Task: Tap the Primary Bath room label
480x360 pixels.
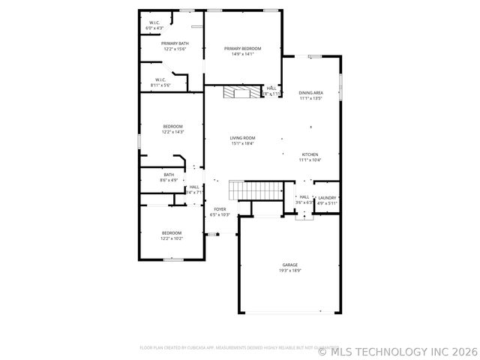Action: pos(175,43)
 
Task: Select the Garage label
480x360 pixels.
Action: pos(290,265)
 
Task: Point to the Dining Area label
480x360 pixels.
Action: pos(310,92)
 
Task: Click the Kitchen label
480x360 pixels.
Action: pos(310,154)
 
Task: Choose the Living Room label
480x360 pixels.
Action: pos(242,138)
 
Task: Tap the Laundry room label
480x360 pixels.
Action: pos(327,198)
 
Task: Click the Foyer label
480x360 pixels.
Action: pos(220,209)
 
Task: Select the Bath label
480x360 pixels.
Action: pos(169,175)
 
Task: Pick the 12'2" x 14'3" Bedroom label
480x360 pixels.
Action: pos(172,126)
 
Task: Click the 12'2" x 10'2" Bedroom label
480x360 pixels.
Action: pos(172,233)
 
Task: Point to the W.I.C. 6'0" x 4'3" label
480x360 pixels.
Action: pos(154,23)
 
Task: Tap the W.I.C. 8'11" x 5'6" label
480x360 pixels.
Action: pos(160,79)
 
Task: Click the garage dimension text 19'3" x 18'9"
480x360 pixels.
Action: pos(290,271)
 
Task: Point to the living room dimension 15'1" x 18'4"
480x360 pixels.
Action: pos(242,143)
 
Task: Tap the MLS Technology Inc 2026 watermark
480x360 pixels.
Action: pos(397,350)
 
